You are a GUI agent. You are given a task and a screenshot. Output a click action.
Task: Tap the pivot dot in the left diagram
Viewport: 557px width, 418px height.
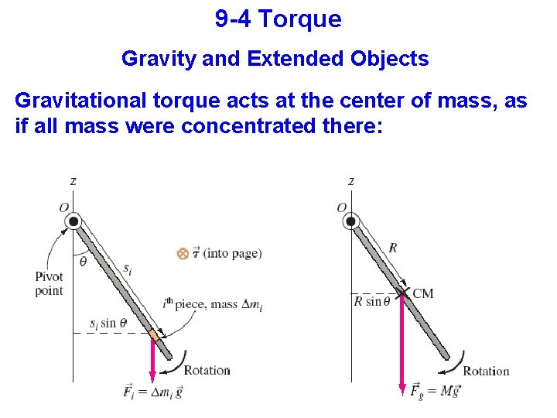[x=74, y=221]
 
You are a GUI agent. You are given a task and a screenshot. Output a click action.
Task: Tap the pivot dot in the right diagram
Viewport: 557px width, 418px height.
[x=351, y=221]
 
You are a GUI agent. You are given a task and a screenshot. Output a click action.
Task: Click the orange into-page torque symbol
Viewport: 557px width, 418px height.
[x=183, y=253]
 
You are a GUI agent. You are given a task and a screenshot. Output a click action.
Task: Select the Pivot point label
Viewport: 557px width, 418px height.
[x=49, y=284]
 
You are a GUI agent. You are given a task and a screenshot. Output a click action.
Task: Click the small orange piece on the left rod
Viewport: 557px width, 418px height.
[x=154, y=336]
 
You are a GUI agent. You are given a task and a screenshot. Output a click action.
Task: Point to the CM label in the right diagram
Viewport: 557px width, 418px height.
[x=423, y=293]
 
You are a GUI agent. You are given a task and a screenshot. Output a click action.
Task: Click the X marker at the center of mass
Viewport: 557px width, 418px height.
[x=402, y=293]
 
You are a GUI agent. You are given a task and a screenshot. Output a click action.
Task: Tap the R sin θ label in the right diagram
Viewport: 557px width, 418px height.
[x=373, y=301]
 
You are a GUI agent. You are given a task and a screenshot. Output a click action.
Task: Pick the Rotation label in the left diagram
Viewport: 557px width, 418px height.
[x=207, y=370]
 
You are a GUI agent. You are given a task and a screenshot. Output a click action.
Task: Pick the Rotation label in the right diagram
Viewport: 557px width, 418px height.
[x=486, y=371]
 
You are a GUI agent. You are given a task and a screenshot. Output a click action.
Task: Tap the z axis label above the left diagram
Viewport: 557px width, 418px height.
[x=73, y=181]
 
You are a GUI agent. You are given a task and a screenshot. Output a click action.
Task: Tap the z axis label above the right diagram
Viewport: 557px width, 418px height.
[x=351, y=181]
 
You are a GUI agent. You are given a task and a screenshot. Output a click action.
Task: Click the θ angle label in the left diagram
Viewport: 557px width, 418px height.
[x=84, y=262]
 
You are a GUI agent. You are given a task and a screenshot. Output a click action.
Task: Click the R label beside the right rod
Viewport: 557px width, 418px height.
[x=393, y=248]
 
